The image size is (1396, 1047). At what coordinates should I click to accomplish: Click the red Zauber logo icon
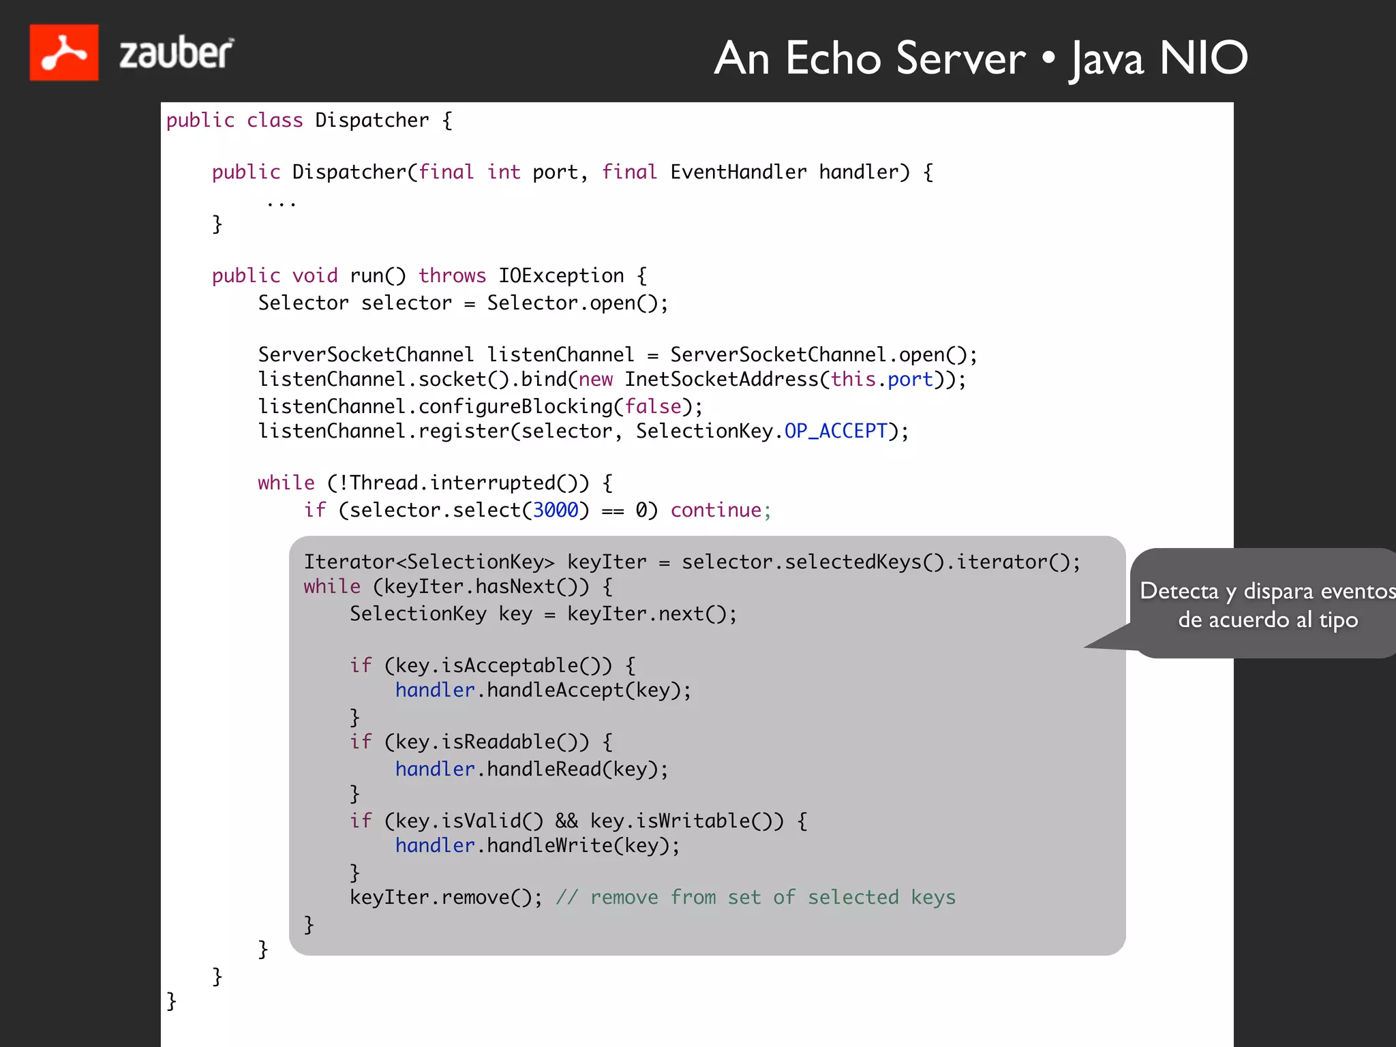(64, 52)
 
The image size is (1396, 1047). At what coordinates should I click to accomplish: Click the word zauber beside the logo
(176, 53)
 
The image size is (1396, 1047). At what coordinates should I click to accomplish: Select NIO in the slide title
(1203, 58)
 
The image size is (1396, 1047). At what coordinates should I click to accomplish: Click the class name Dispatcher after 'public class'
(371, 121)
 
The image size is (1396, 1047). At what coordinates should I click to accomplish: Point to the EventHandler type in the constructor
(738, 172)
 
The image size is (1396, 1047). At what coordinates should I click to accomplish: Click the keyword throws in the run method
(452, 275)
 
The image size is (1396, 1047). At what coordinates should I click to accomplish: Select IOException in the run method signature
(561, 275)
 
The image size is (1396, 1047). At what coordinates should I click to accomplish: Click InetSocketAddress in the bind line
(721, 379)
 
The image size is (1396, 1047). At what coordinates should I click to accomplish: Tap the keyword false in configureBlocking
(652, 406)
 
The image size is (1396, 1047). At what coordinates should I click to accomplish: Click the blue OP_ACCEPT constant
(836, 431)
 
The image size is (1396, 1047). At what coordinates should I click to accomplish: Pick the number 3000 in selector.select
(555, 510)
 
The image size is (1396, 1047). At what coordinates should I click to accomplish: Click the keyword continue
(716, 510)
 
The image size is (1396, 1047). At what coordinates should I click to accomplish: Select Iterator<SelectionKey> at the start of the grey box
(429, 562)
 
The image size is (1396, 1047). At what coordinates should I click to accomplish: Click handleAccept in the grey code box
(555, 690)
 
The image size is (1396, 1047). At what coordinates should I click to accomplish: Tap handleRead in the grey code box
(543, 769)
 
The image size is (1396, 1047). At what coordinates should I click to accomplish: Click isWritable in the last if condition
(693, 821)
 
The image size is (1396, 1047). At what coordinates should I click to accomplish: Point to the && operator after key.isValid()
(566, 821)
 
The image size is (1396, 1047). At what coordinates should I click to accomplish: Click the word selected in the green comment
(853, 897)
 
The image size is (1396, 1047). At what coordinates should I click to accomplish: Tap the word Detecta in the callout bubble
(1179, 590)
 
